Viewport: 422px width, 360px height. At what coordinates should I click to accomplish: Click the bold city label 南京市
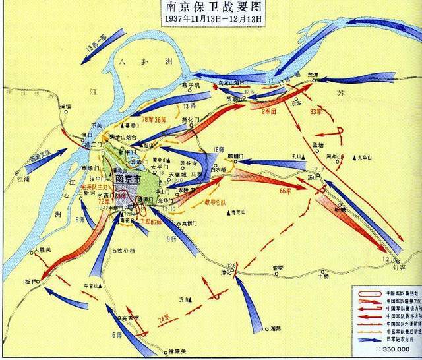pyautogui.click(x=130, y=178)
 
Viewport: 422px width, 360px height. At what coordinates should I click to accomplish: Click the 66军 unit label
pyautogui.click(x=285, y=190)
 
